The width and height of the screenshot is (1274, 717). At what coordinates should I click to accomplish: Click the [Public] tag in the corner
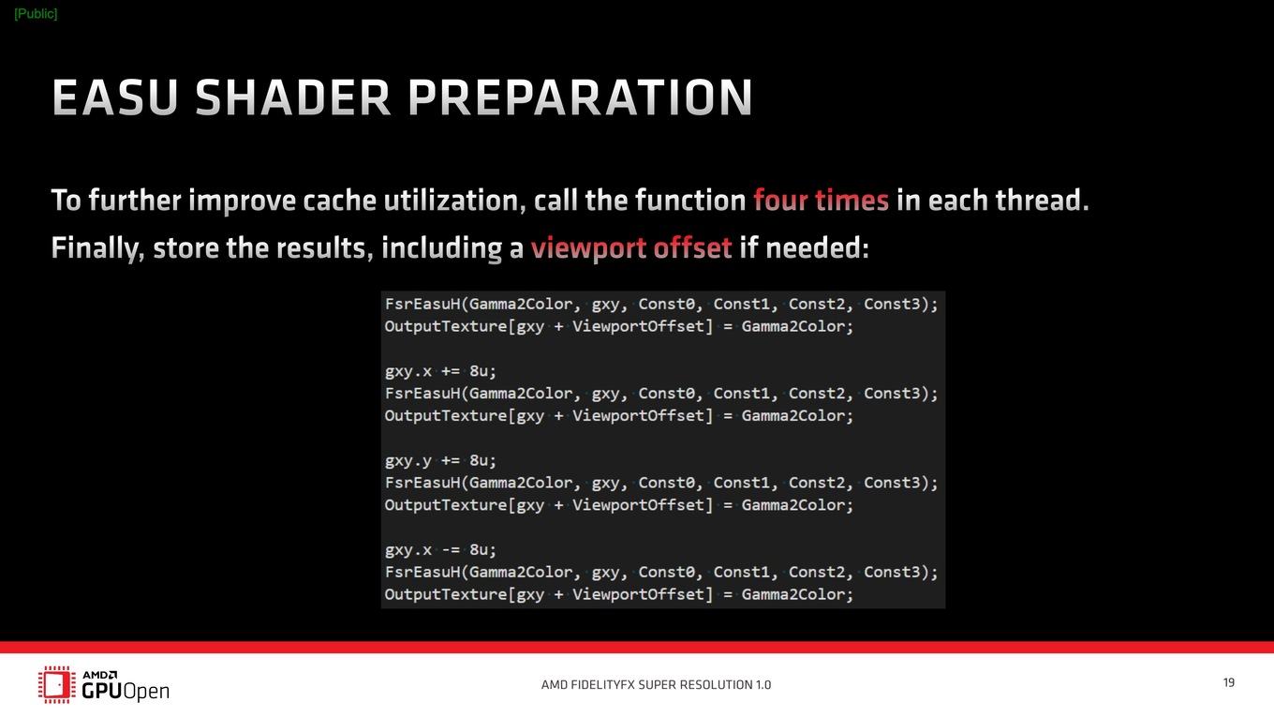(36, 14)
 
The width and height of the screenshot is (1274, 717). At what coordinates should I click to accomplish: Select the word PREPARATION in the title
(580, 97)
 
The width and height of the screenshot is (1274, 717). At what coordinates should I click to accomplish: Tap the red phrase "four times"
(821, 201)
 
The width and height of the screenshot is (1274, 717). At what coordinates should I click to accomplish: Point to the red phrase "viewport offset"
(631, 248)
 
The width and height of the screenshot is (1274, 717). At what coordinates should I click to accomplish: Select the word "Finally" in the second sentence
(97, 248)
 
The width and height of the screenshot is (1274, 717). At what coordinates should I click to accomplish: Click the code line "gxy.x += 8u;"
(441, 371)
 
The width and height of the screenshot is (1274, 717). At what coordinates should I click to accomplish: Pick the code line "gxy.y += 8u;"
(441, 460)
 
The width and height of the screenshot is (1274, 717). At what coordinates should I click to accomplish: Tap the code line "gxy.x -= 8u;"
(441, 549)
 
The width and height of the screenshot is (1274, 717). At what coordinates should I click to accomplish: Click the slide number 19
(1229, 682)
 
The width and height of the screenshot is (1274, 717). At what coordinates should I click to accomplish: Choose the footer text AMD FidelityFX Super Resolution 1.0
(656, 684)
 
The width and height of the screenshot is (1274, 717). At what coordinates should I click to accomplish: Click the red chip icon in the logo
(57, 684)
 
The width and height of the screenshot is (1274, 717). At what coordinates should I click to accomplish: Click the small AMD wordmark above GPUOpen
(100, 675)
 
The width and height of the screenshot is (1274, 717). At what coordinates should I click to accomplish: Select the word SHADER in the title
(293, 97)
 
